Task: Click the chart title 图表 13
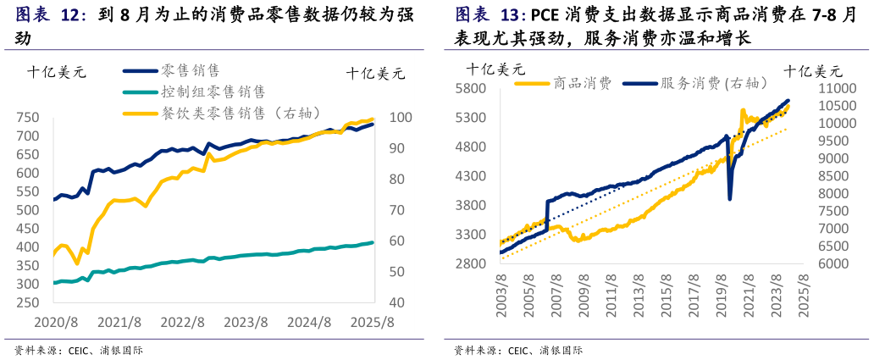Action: (490, 15)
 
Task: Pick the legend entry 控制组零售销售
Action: (213, 91)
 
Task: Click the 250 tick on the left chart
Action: (27, 302)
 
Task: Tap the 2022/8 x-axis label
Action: (183, 323)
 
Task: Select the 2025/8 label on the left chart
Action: (373, 323)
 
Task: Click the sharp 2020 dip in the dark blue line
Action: (730, 199)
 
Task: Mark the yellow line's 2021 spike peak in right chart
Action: (743, 110)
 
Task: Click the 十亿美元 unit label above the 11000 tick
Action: (813, 71)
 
